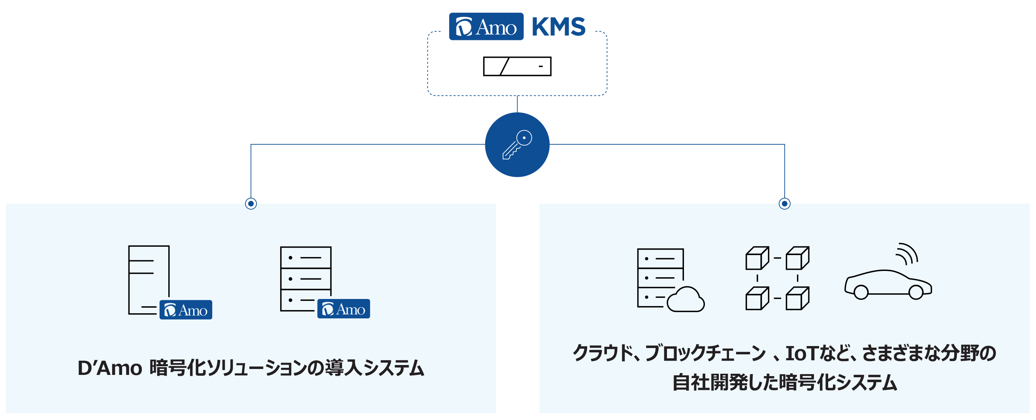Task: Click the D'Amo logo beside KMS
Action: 486,26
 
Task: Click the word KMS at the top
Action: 558,27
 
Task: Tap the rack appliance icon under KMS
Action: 517,66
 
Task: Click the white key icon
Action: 517,145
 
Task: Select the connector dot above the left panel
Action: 251,204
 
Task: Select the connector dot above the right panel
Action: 784,204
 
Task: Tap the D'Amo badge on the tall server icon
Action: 186,310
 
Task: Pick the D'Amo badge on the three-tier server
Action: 343,309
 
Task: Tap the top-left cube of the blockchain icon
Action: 757,258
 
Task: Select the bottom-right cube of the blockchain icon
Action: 797,298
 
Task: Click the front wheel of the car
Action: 916,292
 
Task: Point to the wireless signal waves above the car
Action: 907,254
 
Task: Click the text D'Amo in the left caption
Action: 109,369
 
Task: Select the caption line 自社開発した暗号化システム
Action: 785,383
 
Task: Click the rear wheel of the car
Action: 861,292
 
